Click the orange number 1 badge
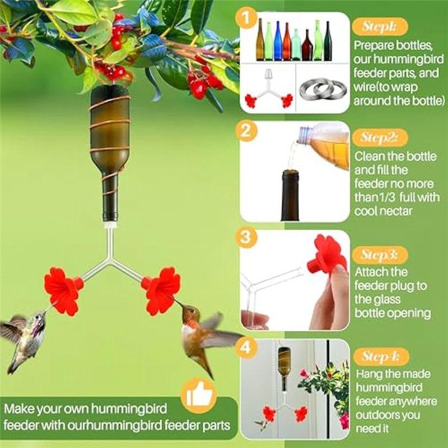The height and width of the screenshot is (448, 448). (246, 18)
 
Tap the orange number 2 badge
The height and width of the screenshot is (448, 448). (246, 131)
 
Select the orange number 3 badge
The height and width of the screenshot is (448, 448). (246, 237)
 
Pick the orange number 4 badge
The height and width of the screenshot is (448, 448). (246, 348)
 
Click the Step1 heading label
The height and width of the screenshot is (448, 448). (380, 26)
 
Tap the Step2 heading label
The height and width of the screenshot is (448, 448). (380, 137)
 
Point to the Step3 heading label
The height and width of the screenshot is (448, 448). (380, 255)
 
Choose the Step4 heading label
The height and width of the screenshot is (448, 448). (381, 357)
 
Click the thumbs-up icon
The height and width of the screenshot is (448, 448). (199, 395)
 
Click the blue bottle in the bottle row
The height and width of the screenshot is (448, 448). (278, 41)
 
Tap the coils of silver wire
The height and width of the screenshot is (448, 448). (323, 90)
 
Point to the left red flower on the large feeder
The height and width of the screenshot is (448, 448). (63, 291)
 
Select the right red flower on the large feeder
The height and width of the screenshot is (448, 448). (160, 290)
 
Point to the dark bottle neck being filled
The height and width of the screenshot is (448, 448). (290, 195)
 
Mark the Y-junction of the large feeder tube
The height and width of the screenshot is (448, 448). (110, 260)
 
